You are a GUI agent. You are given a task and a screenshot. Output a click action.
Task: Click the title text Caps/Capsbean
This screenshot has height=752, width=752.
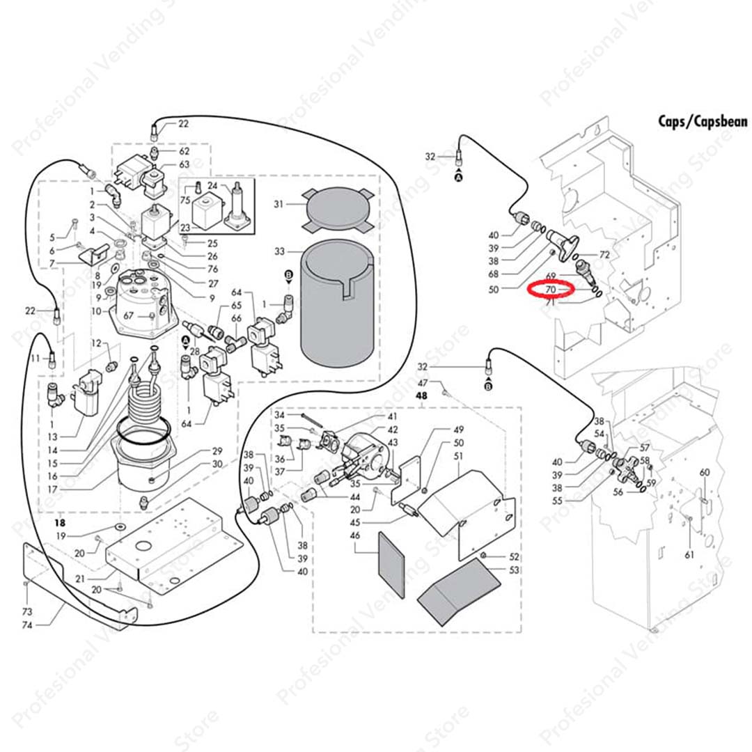coord(703,122)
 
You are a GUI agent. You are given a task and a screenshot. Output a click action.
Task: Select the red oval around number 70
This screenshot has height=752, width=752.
coord(550,289)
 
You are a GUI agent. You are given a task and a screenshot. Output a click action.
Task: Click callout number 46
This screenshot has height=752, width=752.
coord(354,537)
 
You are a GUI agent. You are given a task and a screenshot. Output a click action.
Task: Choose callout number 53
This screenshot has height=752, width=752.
coord(515,570)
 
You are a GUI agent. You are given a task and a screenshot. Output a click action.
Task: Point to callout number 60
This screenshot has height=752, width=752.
coord(705,473)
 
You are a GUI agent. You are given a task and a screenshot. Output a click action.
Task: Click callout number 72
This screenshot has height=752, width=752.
coord(604,255)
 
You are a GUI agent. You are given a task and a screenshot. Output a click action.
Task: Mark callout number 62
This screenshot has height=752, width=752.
coord(184,151)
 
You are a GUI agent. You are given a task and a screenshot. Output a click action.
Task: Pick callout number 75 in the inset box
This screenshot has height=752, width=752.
coord(185,200)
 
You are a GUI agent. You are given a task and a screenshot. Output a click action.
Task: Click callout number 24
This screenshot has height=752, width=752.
coord(213,186)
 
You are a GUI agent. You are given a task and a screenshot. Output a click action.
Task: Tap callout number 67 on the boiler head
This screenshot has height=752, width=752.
coord(128,316)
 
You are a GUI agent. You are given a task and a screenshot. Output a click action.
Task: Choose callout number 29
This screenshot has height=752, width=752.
coord(217,451)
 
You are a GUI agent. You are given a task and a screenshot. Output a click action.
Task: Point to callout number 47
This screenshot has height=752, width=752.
coord(423,384)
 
